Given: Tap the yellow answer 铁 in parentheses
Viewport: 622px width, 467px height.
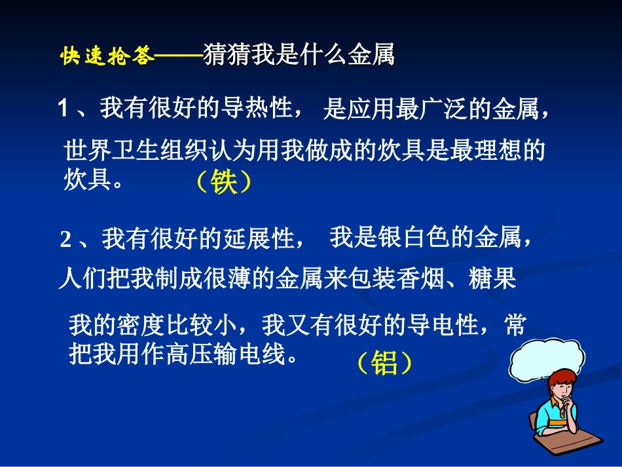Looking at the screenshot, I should pyautogui.click(x=223, y=183).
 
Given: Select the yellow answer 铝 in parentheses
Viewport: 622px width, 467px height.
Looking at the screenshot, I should pyautogui.click(x=384, y=363).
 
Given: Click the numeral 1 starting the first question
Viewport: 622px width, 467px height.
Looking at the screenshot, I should pyautogui.click(x=64, y=109).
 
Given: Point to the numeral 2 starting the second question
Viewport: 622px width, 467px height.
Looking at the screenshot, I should pyautogui.click(x=65, y=240).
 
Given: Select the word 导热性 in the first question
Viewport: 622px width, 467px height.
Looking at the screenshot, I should pyautogui.click(x=264, y=108).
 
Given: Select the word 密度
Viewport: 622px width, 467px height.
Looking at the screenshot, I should pyautogui.click(x=141, y=325).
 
